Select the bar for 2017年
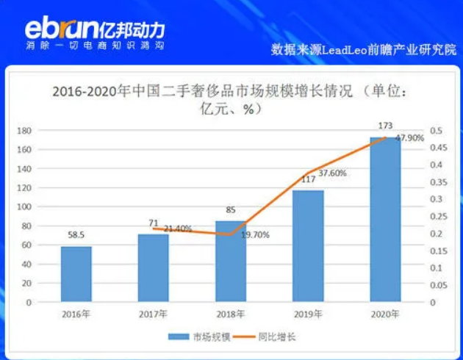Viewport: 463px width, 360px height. [x=154, y=268]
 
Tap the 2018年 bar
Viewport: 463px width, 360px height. [x=231, y=262]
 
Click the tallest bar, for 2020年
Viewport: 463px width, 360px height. [x=385, y=220]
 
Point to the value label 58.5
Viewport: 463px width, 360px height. [x=76, y=236]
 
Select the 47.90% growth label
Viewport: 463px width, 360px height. [x=410, y=138]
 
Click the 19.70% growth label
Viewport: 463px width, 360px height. [x=256, y=235]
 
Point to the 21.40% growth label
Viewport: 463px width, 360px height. [x=176, y=228]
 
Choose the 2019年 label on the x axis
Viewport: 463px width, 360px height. [x=308, y=314]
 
